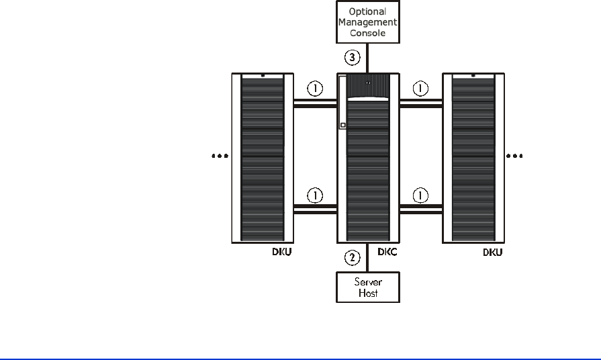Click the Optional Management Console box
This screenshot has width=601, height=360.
click(x=368, y=22)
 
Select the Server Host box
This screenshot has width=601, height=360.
click(x=368, y=287)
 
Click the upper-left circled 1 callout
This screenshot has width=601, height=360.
click(x=315, y=89)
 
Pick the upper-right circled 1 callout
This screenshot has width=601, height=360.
click(x=420, y=89)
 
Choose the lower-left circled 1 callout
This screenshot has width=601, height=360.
click(x=315, y=195)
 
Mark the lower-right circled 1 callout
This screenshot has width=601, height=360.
click(x=420, y=195)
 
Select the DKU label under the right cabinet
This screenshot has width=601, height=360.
click(x=493, y=253)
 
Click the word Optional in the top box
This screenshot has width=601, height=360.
click(x=368, y=12)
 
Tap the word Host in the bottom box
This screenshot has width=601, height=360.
click(x=368, y=293)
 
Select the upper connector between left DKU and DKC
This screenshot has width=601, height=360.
click(x=315, y=103)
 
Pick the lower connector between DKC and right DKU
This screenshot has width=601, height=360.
click(x=420, y=209)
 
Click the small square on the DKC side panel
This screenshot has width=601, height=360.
click(x=342, y=126)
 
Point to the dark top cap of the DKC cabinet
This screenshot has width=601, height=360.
click(x=369, y=84)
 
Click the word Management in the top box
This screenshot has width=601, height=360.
click(x=368, y=22)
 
